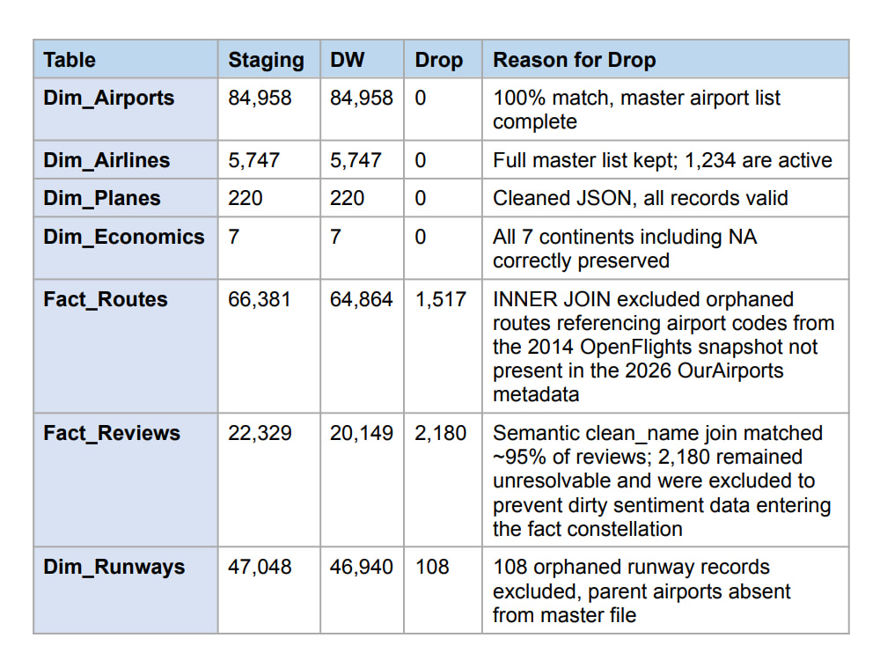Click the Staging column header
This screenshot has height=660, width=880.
click(x=266, y=60)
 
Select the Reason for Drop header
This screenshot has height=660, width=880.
click(x=574, y=60)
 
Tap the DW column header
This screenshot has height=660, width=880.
click(x=347, y=60)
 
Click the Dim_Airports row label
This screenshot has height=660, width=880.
click(x=109, y=98)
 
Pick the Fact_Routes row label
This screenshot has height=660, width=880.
click(x=106, y=299)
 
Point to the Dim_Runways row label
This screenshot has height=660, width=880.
click(x=114, y=567)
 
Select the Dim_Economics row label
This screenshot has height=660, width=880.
click(x=124, y=237)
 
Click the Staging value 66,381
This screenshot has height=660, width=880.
click(x=260, y=300)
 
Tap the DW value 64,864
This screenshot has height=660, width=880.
click(x=361, y=300)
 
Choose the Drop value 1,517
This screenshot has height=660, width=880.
click(x=441, y=300)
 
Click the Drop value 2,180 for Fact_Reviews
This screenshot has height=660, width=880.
click(x=441, y=433)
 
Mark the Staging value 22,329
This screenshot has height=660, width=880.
click(x=260, y=433)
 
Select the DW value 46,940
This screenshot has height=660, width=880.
click(x=362, y=567)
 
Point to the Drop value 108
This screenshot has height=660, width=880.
click(x=432, y=567)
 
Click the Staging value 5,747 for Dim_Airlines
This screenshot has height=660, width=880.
click(x=253, y=160)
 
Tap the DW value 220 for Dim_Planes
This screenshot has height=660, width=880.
click(x=347, y=198)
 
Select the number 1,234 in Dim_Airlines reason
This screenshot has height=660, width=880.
click(x=710, y=160)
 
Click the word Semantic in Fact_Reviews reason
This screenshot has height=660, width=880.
click(x=532, y=433)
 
